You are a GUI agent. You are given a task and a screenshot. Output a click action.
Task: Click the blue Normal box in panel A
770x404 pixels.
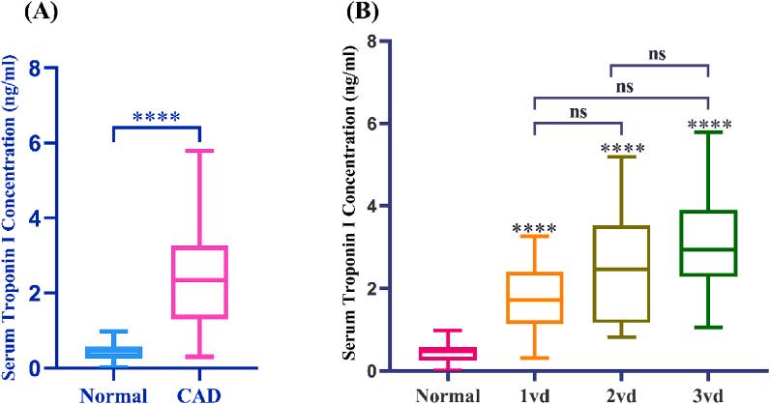115,353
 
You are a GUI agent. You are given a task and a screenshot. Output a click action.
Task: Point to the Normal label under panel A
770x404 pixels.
115,394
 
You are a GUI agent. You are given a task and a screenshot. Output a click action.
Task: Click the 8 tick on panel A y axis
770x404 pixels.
61,69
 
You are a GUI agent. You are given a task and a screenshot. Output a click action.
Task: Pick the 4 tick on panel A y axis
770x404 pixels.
61,218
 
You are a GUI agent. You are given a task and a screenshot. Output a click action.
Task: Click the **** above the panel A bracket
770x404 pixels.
157,118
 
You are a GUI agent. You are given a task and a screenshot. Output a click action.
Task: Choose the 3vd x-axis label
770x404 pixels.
709,394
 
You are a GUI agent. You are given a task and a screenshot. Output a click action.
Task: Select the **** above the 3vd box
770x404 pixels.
709,124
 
